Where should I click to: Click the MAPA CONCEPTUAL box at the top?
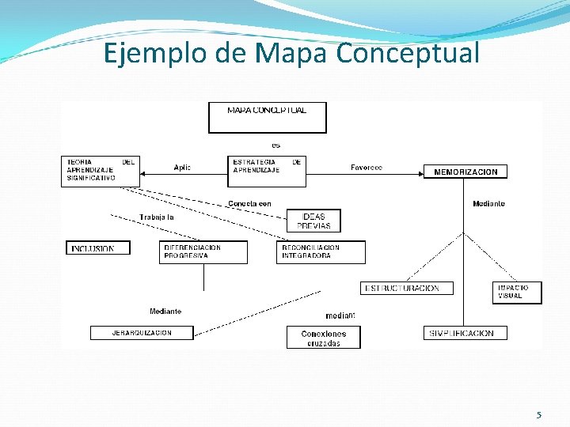[x=267, y=117]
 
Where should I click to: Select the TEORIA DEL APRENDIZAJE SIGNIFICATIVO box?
[x=101, y=171]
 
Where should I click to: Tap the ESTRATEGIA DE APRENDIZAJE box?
[x=267, y=171]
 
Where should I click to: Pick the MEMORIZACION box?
[x=465, y=172]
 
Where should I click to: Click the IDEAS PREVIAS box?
[x=313, y=221]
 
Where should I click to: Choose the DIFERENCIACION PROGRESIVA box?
[x=203, y=252]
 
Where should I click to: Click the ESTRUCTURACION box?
[x=401, y=289]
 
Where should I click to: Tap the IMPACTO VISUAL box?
[x=517, y=292]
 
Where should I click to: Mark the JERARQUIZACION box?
[x=142, y=333]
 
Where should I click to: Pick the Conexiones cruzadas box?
[x=322, y=338]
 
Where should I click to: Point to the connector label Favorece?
[x=367, y=168]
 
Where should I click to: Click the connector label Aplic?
[x=182, y=168]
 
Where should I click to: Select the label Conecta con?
[x=249, y=204]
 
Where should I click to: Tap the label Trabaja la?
[x=157, y=217]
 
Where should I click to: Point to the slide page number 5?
[x=538, y=415]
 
